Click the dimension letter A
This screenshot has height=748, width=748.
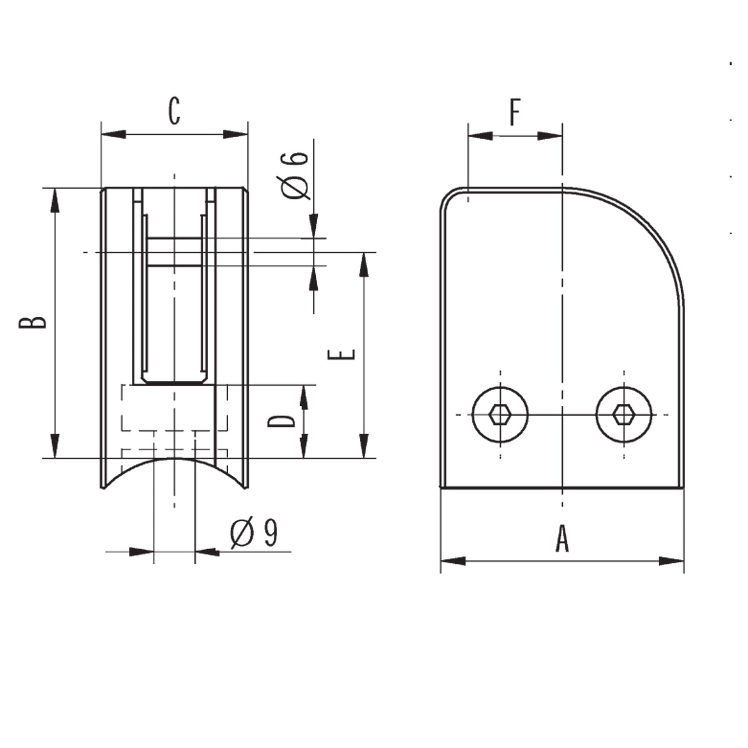click(562, 538)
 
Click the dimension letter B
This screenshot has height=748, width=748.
click(33, 322)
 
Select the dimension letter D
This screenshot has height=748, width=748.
click(282, 421)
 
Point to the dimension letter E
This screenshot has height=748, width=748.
click(342, 355)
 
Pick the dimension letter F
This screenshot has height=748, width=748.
click(515, 112)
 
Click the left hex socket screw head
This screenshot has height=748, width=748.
click(500, 415)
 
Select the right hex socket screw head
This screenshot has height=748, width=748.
click(624, 415)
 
